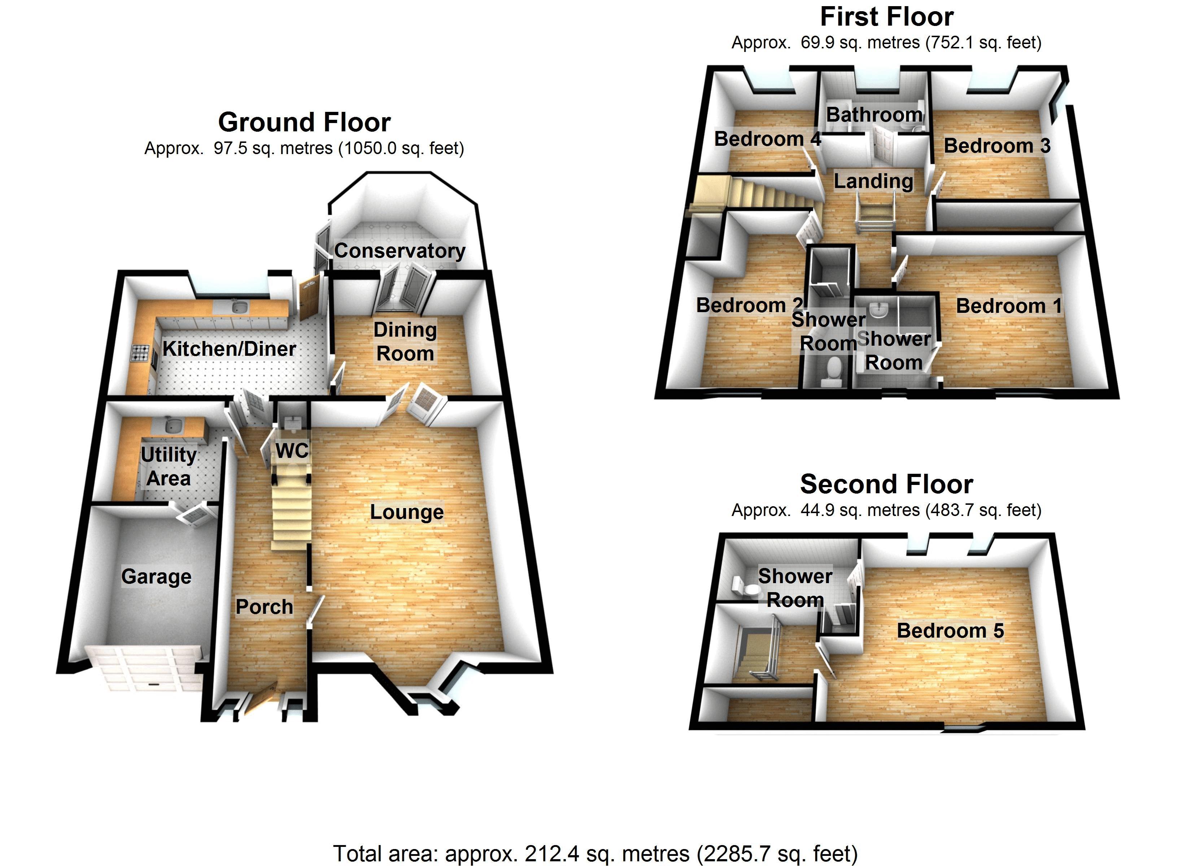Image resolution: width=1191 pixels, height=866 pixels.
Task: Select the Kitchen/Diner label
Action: [229, 349]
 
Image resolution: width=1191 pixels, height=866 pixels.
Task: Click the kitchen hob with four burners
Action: [140, 353]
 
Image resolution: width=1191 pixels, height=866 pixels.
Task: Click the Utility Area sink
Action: [170, 424]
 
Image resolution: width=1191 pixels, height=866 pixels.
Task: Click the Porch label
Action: [264, 607]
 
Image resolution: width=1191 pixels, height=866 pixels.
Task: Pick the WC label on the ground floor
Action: [292, 451]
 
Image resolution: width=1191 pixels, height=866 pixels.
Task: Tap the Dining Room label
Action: [405, 341]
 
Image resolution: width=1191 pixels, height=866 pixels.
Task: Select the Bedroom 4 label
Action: [767, 139]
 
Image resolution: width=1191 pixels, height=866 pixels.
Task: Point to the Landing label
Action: [873, 181]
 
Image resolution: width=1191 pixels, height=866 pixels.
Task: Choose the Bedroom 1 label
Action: [1008, 306]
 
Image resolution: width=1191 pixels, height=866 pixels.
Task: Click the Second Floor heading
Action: [886, 484]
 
